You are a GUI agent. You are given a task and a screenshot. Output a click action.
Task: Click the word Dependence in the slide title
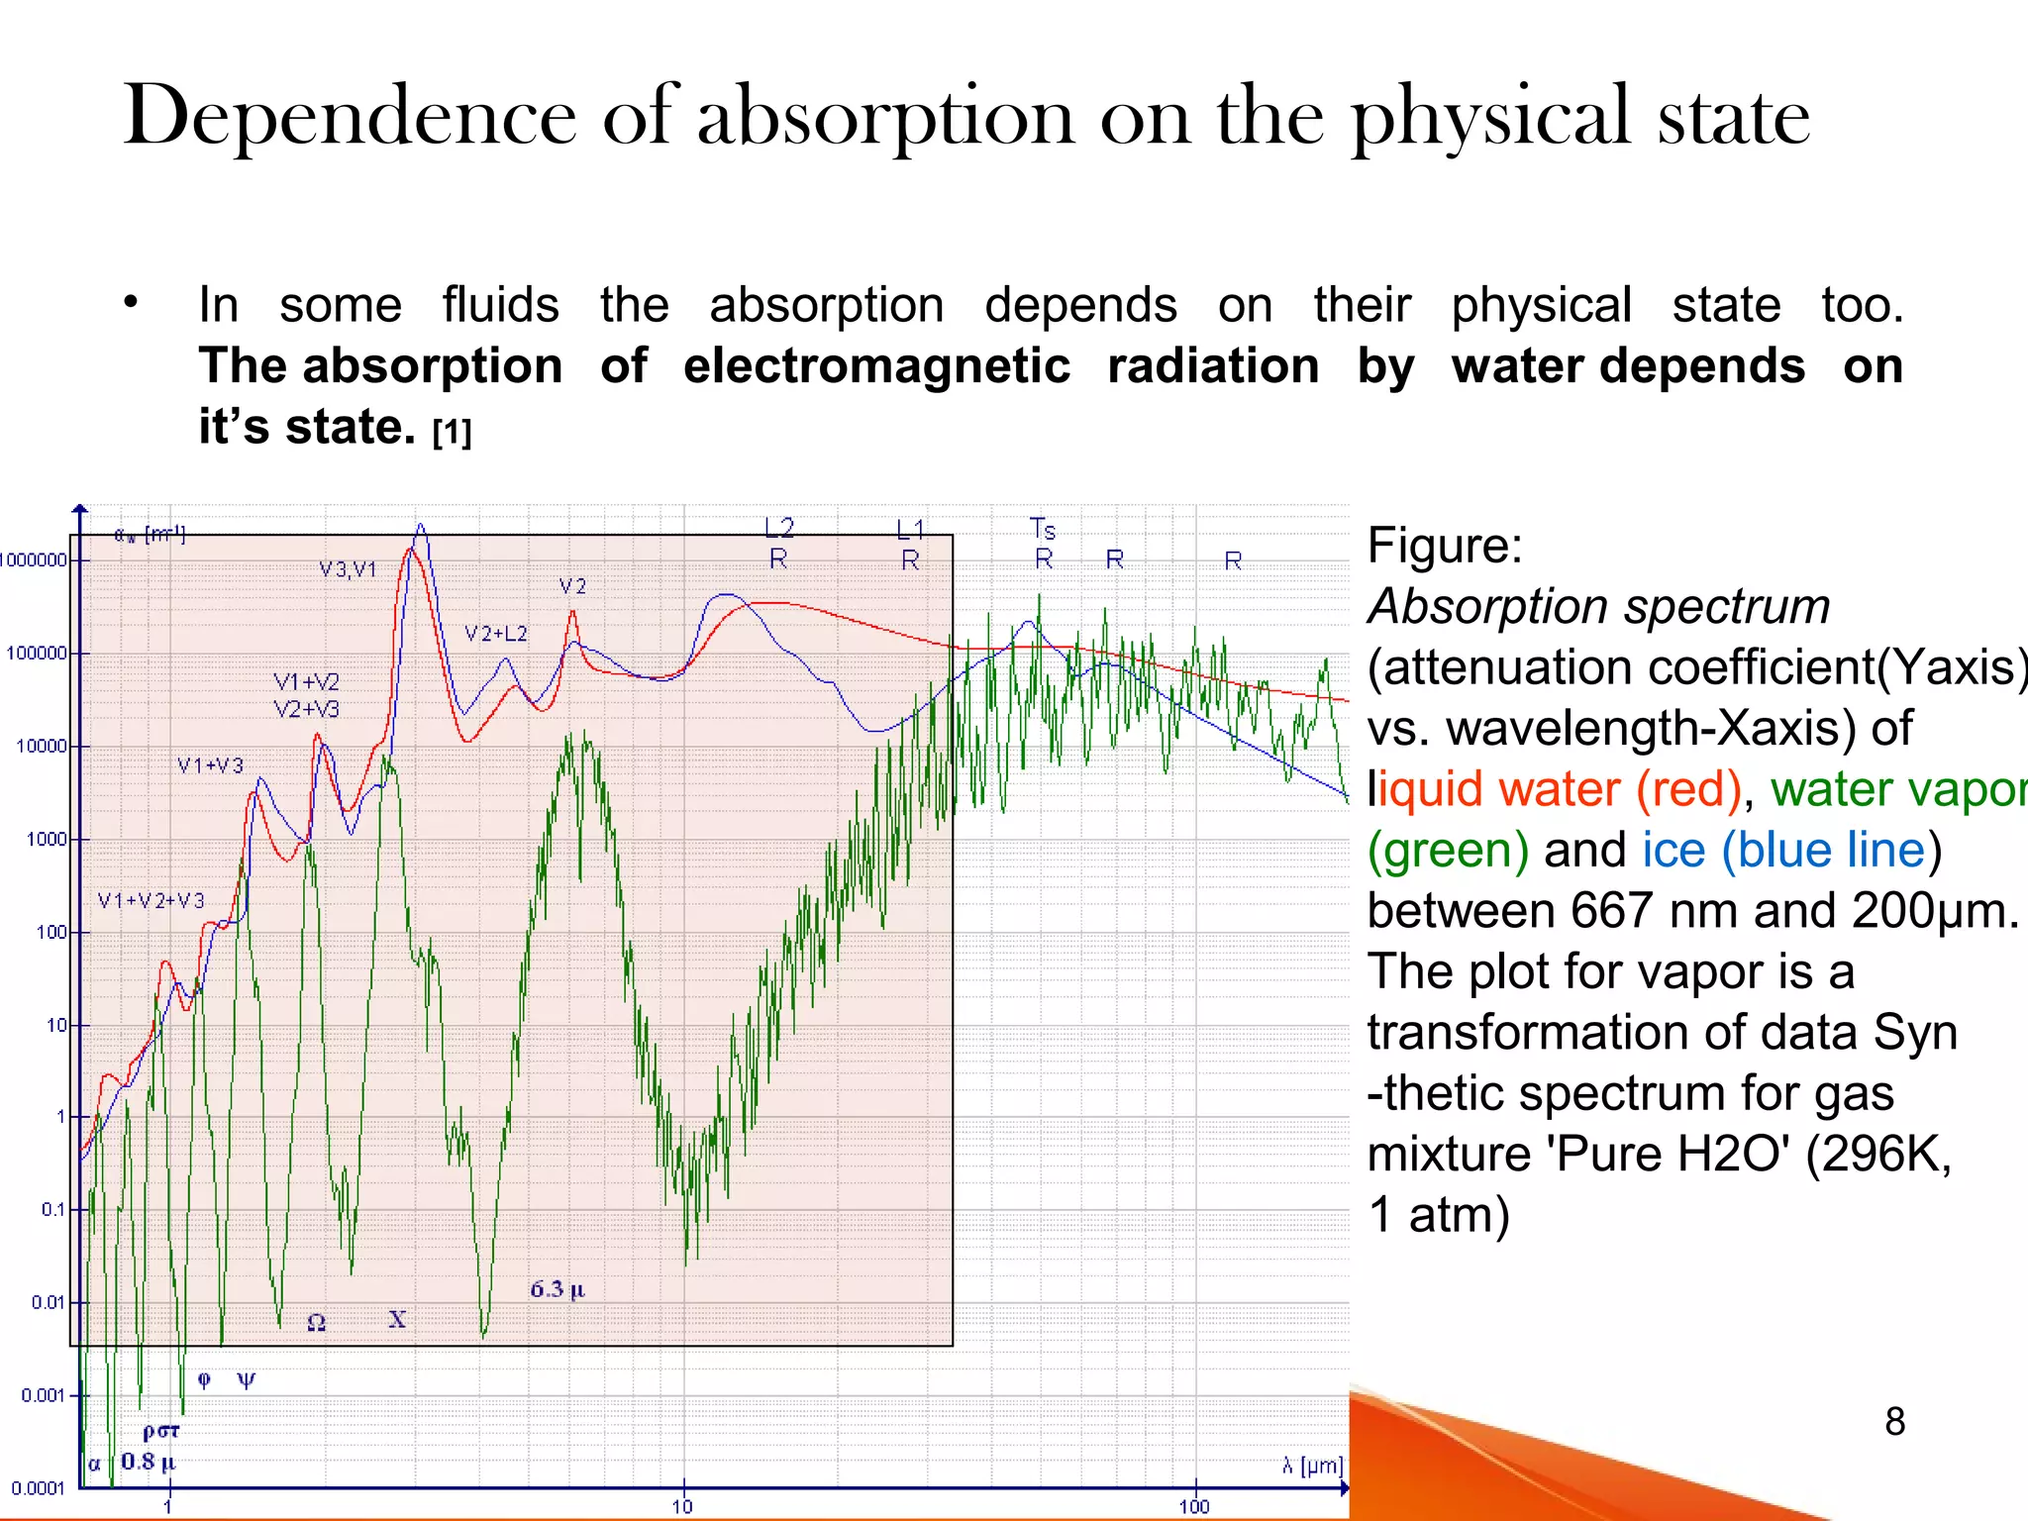350,117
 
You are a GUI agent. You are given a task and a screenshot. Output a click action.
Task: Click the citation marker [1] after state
452,433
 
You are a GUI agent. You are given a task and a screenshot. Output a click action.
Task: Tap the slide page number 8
1894,1422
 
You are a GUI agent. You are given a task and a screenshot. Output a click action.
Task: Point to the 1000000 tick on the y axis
34,560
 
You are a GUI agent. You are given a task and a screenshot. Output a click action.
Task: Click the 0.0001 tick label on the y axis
38,1488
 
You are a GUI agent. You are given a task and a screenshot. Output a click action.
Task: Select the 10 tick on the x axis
682,1506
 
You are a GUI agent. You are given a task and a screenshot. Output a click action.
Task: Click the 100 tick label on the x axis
1194,1506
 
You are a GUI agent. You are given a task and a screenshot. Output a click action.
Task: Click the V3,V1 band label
348,569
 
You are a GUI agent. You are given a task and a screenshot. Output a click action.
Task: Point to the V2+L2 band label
496,634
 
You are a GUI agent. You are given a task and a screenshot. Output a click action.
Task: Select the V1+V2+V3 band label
151,901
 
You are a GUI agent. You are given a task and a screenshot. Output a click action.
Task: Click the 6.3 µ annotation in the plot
558,1289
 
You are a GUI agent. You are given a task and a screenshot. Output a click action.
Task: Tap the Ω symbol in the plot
316,1323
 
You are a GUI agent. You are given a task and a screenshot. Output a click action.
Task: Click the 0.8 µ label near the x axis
148,1462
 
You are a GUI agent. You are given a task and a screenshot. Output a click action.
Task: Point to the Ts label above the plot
1043,529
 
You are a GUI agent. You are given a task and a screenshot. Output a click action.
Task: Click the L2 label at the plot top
779,528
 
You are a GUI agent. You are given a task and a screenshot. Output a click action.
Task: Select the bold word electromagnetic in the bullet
876,366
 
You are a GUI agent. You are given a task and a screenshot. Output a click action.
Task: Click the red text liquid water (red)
1559,789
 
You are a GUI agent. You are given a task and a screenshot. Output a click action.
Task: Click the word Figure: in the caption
1444,546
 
